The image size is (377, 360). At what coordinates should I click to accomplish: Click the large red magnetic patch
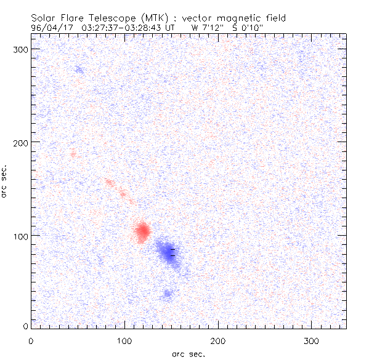pos(142,231)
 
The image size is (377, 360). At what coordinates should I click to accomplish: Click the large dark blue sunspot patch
pos(169,252)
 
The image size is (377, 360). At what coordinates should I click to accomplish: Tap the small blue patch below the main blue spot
pos(167,294)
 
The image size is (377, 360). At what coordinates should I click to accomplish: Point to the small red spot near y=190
pos(73,154)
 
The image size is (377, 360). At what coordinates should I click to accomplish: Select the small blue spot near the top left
pos(78,70)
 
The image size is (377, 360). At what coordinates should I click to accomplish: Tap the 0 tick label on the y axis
pos(26,326)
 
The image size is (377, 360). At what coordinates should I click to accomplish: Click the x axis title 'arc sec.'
pos(188,354)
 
